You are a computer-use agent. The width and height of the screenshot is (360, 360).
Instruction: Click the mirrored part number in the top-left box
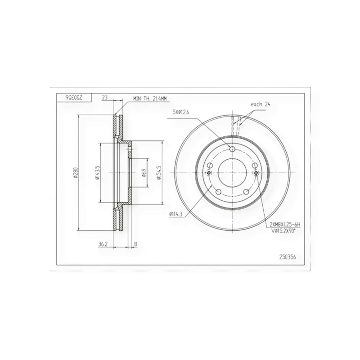tap(74, 98)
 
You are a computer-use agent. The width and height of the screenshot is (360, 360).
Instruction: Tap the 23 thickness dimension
tap(105, 97)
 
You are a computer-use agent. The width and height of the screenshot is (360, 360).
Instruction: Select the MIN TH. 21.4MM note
tap(150, 99)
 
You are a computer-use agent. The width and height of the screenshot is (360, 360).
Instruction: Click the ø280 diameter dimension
tap(76, 173)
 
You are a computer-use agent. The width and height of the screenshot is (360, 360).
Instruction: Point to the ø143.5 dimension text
tap(97, 172)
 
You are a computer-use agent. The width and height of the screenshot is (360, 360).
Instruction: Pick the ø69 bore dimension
tap(144, 173)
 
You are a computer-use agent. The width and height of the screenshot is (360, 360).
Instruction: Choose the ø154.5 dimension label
tap(159, 173)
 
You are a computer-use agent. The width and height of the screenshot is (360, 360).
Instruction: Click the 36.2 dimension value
tap(103, 244)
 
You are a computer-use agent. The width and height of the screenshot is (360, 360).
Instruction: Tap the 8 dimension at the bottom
tap(135, 244)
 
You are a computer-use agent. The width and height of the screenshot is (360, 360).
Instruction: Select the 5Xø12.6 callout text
tap(181, 112)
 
